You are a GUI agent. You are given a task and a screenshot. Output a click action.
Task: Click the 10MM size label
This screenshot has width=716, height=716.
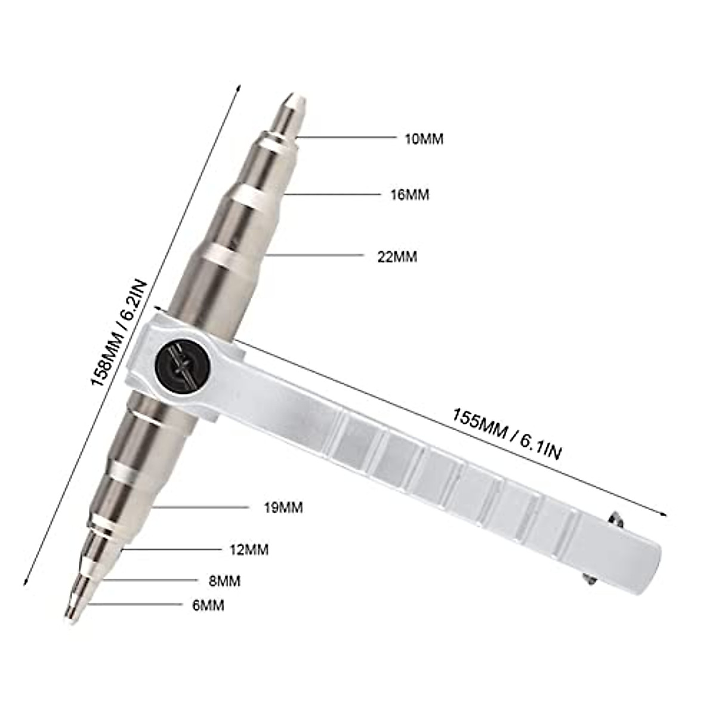[x=424, y=139]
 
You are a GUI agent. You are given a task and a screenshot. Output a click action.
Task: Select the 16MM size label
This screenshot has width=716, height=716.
[x=409, y=195]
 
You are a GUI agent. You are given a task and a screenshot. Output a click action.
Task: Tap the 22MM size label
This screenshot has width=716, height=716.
[x=397, y=257]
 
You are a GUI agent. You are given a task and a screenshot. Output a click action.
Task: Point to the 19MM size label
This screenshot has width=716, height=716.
[x=283, y=508]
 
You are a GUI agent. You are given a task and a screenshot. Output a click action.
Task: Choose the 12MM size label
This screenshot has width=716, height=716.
[x=249, y=550]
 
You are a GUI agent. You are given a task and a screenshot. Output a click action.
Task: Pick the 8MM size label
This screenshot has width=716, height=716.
[x=225, y=580]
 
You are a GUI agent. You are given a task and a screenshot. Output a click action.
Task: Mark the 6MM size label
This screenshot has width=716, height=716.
[x=208, y=605]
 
